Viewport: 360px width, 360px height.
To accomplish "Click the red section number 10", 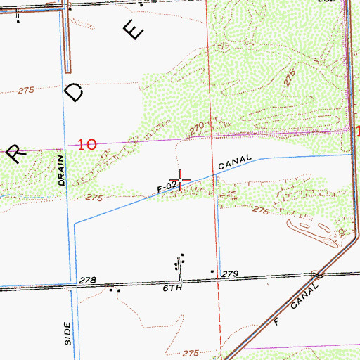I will coord(87,145).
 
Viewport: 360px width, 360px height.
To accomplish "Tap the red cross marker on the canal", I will coord(181,181).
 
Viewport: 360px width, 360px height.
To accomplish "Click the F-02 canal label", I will coord(167,187).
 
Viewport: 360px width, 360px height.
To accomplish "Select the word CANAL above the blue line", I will coord(235,163).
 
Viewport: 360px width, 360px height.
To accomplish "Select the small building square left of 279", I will coord(212,270).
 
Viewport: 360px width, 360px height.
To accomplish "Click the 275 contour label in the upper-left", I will coord(26,90).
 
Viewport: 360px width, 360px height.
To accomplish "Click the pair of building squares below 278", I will coord(114,290).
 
